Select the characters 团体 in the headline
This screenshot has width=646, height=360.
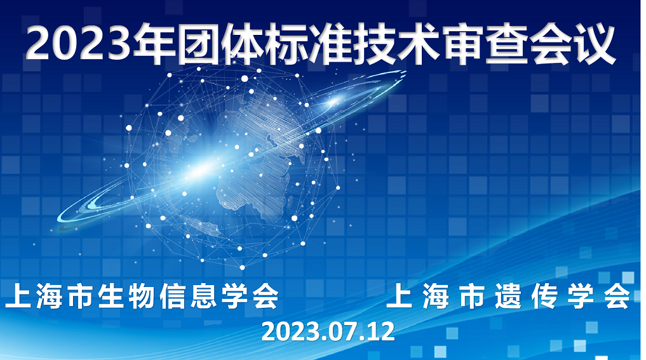tap(219, 44)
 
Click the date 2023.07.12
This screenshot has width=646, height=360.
tap(328, 331)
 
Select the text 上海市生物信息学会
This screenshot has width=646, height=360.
tap(142, 296)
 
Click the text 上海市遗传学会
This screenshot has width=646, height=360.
tap(508, 296)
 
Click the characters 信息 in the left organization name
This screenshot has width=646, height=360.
tap(188, 296)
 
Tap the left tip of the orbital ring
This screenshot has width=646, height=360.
tap(58, 218)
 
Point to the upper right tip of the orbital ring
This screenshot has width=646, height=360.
tap(405, 72)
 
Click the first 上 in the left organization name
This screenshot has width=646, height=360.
tap(19, 296)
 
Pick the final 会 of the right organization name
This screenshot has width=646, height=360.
tap(617, 296)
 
